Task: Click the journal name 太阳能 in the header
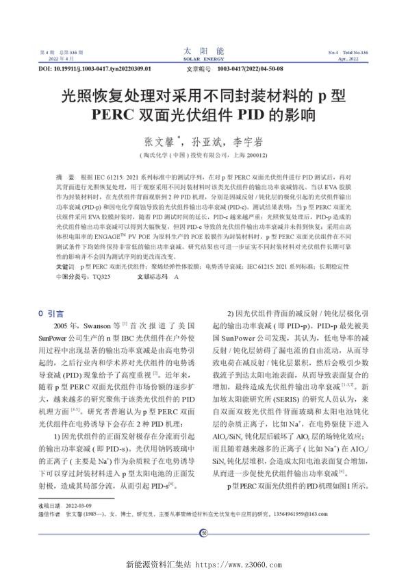pyautogui.click(x=203, y=51)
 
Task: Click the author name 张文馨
pyautogui.click(x=157, y=142)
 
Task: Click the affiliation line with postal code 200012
pyautogui.click(x=203, y=155)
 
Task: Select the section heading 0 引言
pyautogui.click(x=51, y=312)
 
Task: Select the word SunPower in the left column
pyautogui.click(x=54, y=337)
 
